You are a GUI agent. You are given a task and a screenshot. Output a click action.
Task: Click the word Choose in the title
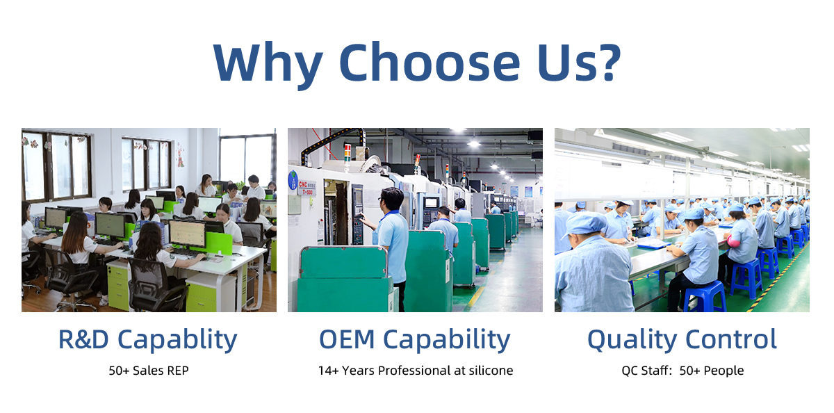pyautogui.click(x=429, y=62)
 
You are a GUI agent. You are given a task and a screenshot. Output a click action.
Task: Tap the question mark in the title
pyautogui.click(x=607, y=62)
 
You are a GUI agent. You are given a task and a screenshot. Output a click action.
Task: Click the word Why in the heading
pyautogui.click(x=268, y=65)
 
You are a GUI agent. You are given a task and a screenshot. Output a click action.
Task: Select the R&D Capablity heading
pyautogui.click(x=148, y=339)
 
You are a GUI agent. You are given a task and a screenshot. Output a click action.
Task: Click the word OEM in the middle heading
pyautogui.click(x=347, y=339)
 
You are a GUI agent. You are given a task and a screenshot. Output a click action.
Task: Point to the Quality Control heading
pyautogui.click(x=682, y=339)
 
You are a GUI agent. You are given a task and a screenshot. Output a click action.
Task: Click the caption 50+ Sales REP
pyautogui.click(x=149, y=371)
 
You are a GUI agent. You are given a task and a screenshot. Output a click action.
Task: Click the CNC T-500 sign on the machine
pyautogui.click(x=306, y=188)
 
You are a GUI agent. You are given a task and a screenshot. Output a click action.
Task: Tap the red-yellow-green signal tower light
pyautogui.click(x=347, y=152)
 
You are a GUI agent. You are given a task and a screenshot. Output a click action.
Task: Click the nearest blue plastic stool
pyautogui.click(x=705, y=297)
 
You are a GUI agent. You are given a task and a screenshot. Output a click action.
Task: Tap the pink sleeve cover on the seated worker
pyautogui.click(x=733, y=241)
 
